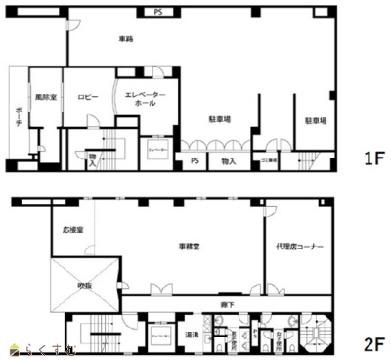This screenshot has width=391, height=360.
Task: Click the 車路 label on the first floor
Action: tap(124, 39)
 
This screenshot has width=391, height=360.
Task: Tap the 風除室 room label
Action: tap(43, 98)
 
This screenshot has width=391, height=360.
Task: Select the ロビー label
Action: tap(88, 98)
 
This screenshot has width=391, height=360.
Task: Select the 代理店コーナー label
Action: tap(298, 247)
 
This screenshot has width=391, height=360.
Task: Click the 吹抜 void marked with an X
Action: tap(86, 285)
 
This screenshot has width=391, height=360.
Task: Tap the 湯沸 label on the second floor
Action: tap(193, 335)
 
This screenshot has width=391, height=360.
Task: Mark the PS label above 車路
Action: tap(158, 13)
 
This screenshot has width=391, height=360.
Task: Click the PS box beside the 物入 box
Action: tap(195, 160)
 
